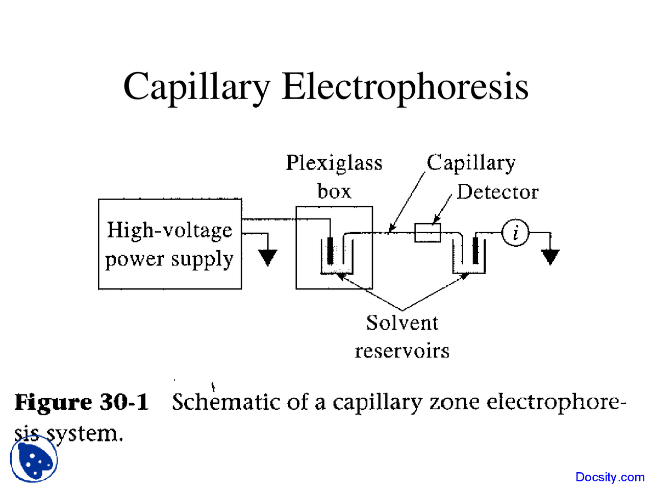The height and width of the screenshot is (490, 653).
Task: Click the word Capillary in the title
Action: click(196, 87)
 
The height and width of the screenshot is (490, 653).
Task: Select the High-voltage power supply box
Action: click(169, 244)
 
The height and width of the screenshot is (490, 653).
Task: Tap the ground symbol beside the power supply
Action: click(267, 257)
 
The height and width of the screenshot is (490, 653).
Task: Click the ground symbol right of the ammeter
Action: click(550, 256)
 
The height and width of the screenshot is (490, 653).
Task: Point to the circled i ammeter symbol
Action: click(515, 233)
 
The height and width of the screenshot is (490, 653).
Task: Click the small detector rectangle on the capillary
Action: click(428, 233)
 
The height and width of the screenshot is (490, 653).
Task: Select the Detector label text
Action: click(497, 192)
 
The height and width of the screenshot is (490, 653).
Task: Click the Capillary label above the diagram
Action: click(471, 163)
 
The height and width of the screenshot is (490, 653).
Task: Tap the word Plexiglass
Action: click(334, 163)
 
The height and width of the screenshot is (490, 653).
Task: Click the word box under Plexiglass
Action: click(334, 191)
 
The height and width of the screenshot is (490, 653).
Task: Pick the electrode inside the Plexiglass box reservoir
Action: click(331, 251)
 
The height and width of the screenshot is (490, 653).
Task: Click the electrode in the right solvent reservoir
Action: click(475, 251)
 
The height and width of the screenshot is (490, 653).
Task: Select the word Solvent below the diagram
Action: click(402, 323)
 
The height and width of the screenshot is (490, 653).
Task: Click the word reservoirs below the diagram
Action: click(402, 351)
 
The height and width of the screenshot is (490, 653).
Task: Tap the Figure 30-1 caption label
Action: click(82, 402)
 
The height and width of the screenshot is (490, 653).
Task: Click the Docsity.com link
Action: click(610, 477)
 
